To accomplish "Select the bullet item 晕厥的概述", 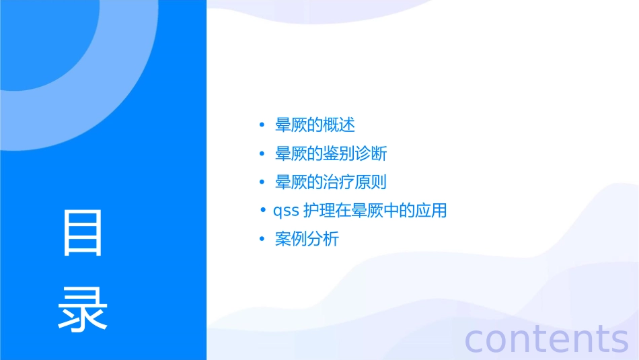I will click(315, 125).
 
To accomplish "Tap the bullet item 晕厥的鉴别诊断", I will click(331, 154).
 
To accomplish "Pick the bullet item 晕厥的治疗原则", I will click(331, 182).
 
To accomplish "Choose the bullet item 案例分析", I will click(307, 239).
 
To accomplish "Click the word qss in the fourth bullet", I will click(286, 211).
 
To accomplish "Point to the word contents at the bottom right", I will click(547, 338).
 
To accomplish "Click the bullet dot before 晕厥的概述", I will click(262, 126).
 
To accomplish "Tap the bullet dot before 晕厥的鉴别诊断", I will click(262, 154).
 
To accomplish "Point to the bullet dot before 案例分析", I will click(262, 240).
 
